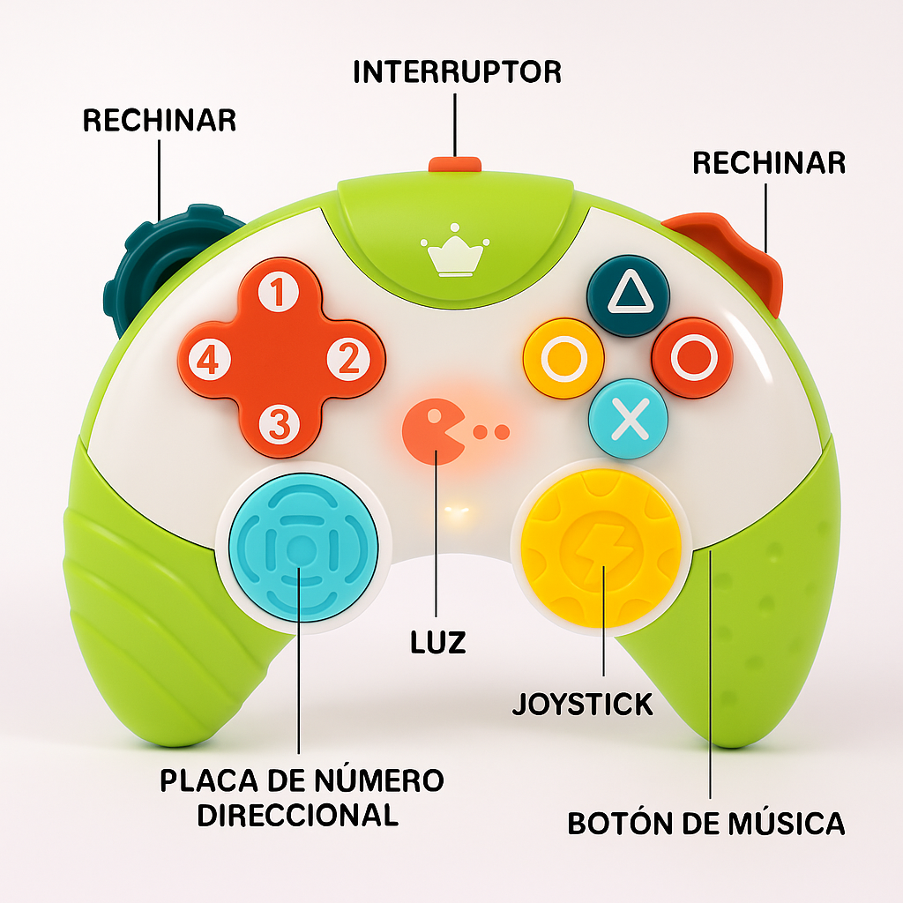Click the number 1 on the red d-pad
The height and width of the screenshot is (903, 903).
pyautogui.click(x=279, y=293)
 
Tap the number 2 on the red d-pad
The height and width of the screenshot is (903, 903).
pyautogui.click(x=348, y=359)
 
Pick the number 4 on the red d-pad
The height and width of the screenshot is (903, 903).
pyautogui.click(x=209, y=359)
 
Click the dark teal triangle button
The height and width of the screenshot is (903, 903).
pyautogui.click(x=628, y=296)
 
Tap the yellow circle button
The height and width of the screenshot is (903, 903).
pyautogui.click(x=563, y=359)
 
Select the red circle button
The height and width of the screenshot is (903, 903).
pyautogui.click(x=693, y=356)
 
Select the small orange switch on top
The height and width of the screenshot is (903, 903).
pyautogui.click(x=454, y=164)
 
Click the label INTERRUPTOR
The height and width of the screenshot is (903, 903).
pyautogui.click(x=457, y=71)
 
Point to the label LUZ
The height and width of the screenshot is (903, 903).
pyautogui.click(x=437, y=642)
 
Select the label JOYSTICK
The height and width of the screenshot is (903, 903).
pyautogui.click(x=583, y=704)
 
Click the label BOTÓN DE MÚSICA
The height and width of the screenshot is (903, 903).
pyautogui.click(x=705, y=824)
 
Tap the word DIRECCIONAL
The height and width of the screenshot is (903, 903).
pyautogui.click(x=297, y=815)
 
